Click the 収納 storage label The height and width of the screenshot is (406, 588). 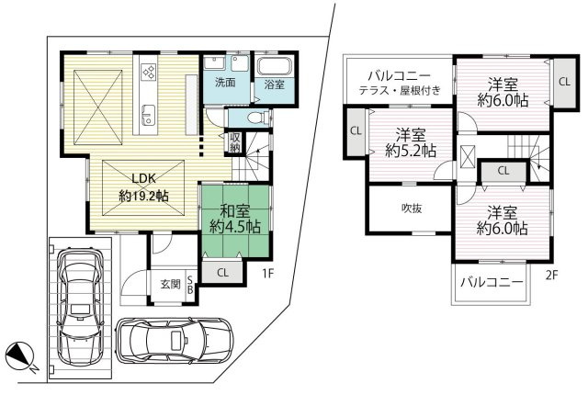[x=235, y=143]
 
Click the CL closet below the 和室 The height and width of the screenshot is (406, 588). [x=223, y=272]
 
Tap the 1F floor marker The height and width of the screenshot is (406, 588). [x=265, y=273]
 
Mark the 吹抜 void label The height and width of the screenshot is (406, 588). [x=411, y=209]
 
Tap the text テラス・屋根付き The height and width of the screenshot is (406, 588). [x=400, y=89]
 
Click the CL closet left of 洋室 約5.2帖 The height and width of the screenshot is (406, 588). [x=355, y=130]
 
